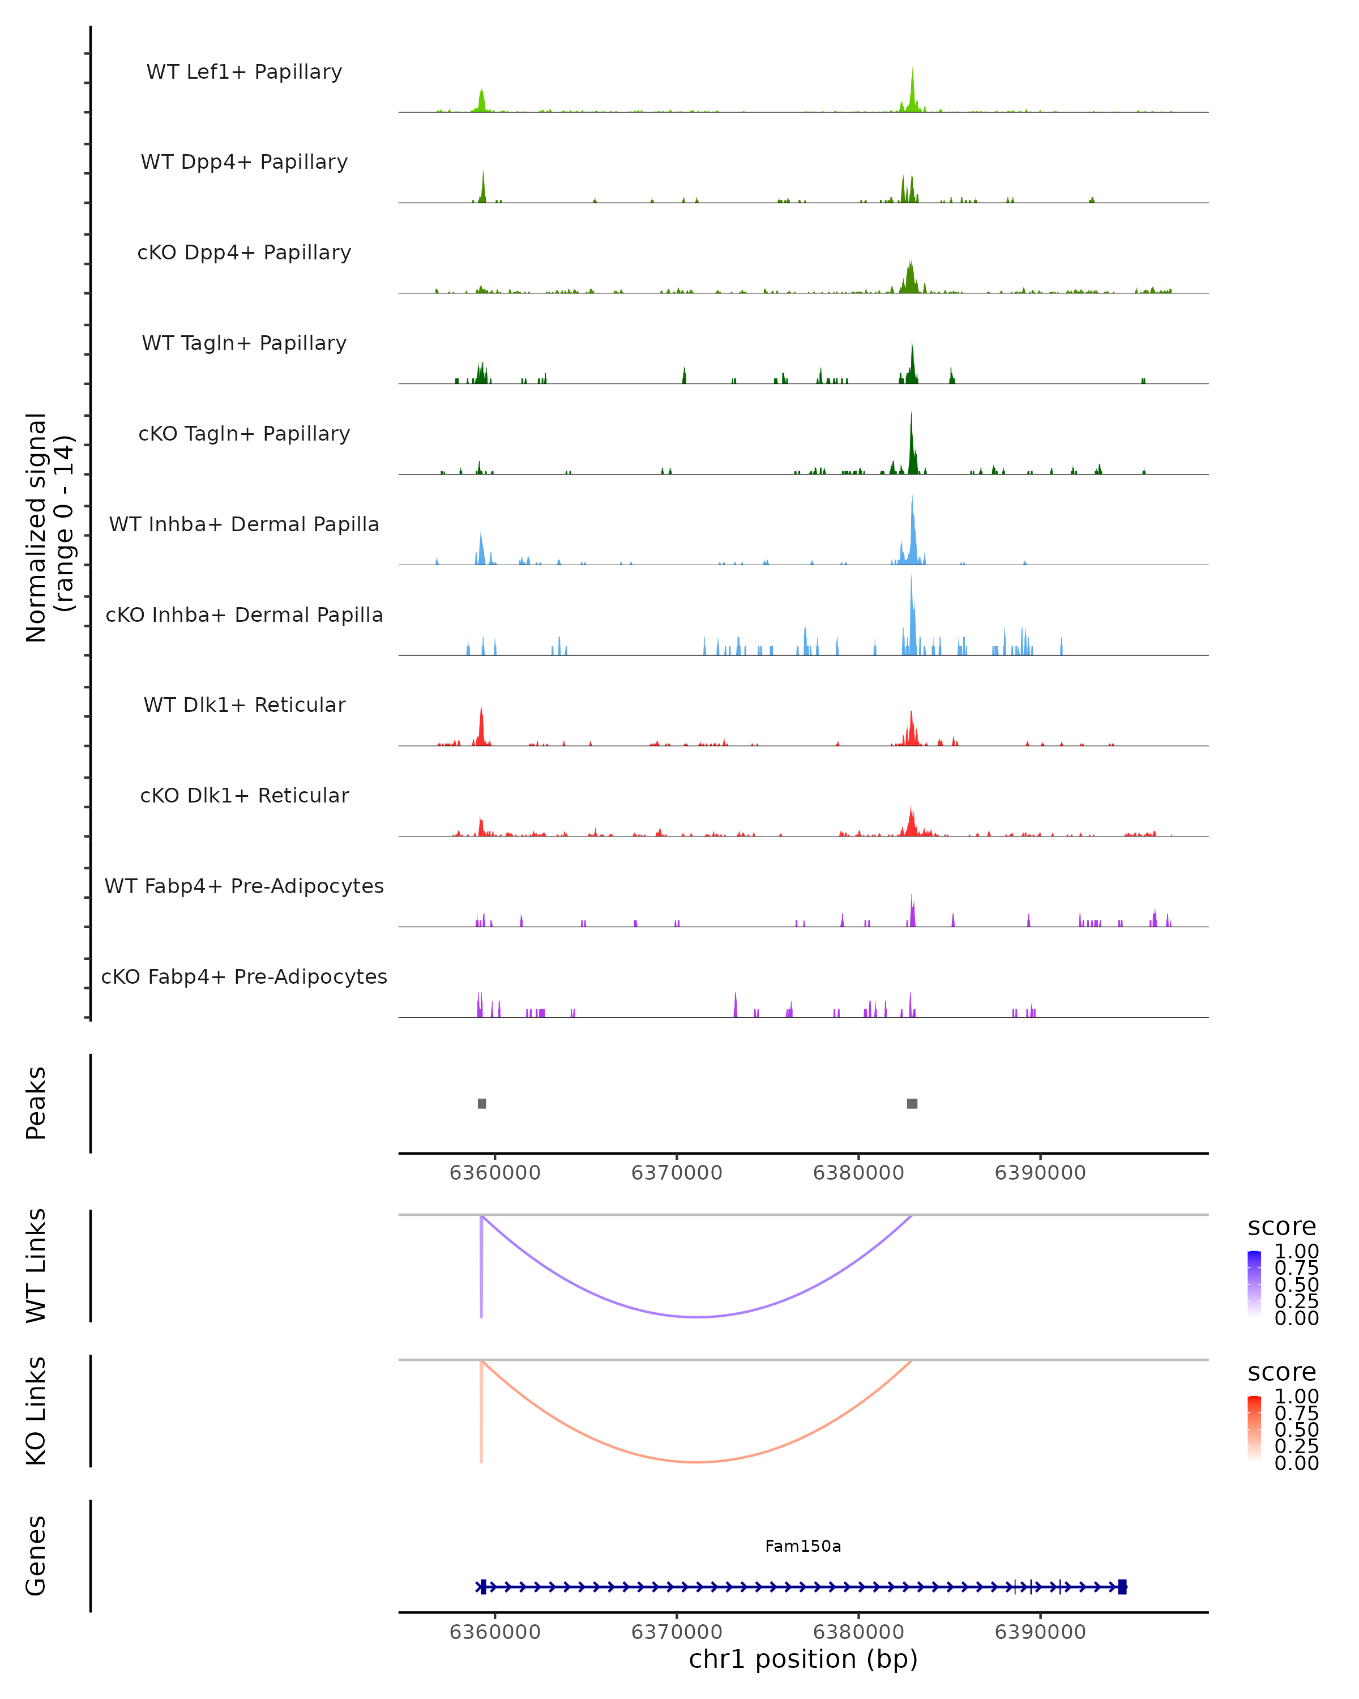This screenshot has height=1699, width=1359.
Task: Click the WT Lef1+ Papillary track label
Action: coord(244,72)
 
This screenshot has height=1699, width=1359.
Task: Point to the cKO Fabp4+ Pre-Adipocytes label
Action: coord(244,976)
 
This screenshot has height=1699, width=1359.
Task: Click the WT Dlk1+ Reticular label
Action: coord(244,705)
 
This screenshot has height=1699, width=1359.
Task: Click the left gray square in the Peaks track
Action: coord(482,1103)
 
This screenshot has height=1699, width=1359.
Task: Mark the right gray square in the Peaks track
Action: coord(912,1103)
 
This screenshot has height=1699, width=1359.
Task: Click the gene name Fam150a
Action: coord(803,1546)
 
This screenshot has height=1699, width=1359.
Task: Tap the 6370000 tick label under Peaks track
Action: coord(677,1173)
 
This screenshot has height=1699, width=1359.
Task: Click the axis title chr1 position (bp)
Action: coord(803,1659)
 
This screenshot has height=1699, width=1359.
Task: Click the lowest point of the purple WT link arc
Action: coord(696,1317)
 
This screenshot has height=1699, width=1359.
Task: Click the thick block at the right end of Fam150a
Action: coord(1123,1586)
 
